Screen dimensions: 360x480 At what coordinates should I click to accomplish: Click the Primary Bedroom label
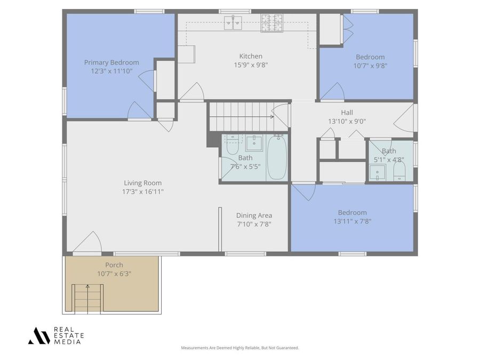[x=111, y=62]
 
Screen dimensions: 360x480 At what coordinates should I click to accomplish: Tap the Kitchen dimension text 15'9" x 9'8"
[x=250, y=65]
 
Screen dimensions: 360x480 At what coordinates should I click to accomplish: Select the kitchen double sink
[x=233, y=22]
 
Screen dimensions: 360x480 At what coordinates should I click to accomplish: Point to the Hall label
[x=347, y=113]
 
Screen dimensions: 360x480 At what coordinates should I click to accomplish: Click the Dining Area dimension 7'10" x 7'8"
[x=254, y=224]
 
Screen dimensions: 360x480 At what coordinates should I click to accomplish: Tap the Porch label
[x=114, y=265]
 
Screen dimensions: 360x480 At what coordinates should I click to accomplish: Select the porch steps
[x=87, y=298]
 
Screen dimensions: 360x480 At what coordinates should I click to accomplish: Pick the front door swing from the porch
[x=89, y=243]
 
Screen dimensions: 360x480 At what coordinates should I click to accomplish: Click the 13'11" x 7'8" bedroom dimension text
[x=352, y=221]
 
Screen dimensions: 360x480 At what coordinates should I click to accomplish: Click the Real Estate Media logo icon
[x=39, y=335]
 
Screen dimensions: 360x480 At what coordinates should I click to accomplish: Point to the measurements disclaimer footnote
[x=240, y=348]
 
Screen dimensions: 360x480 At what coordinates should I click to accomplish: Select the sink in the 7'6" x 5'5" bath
[x=254, y=142]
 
